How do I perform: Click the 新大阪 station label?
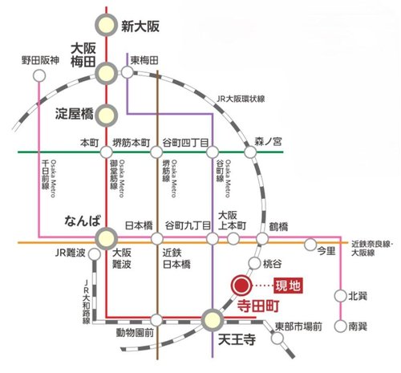pyautogui.click(x=140, y=25)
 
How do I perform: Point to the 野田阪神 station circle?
pyautogui.click(x=38, y=75)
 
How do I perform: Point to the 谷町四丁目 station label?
pyautogui.click(x=186, y=141)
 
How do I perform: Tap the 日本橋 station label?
pyautogui.click(x=140, y=227)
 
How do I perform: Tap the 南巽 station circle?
pyautogui.click(x=341, y=326)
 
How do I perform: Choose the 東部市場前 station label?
pyautogui.click(x=298, y=326)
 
